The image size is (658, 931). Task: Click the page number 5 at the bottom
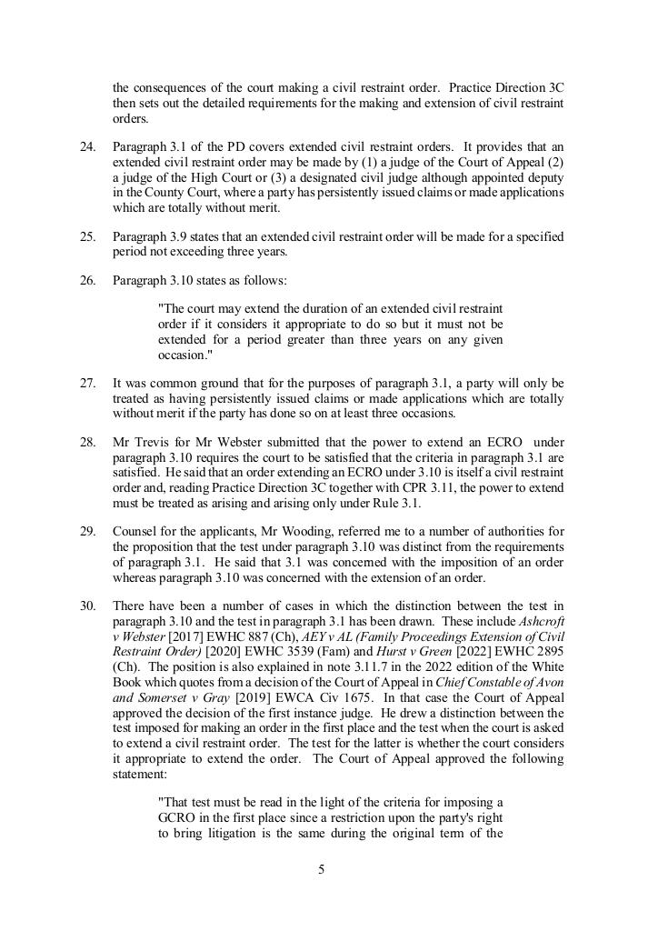321,870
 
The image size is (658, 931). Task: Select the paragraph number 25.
88,236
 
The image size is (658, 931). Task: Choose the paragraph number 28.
88,443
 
